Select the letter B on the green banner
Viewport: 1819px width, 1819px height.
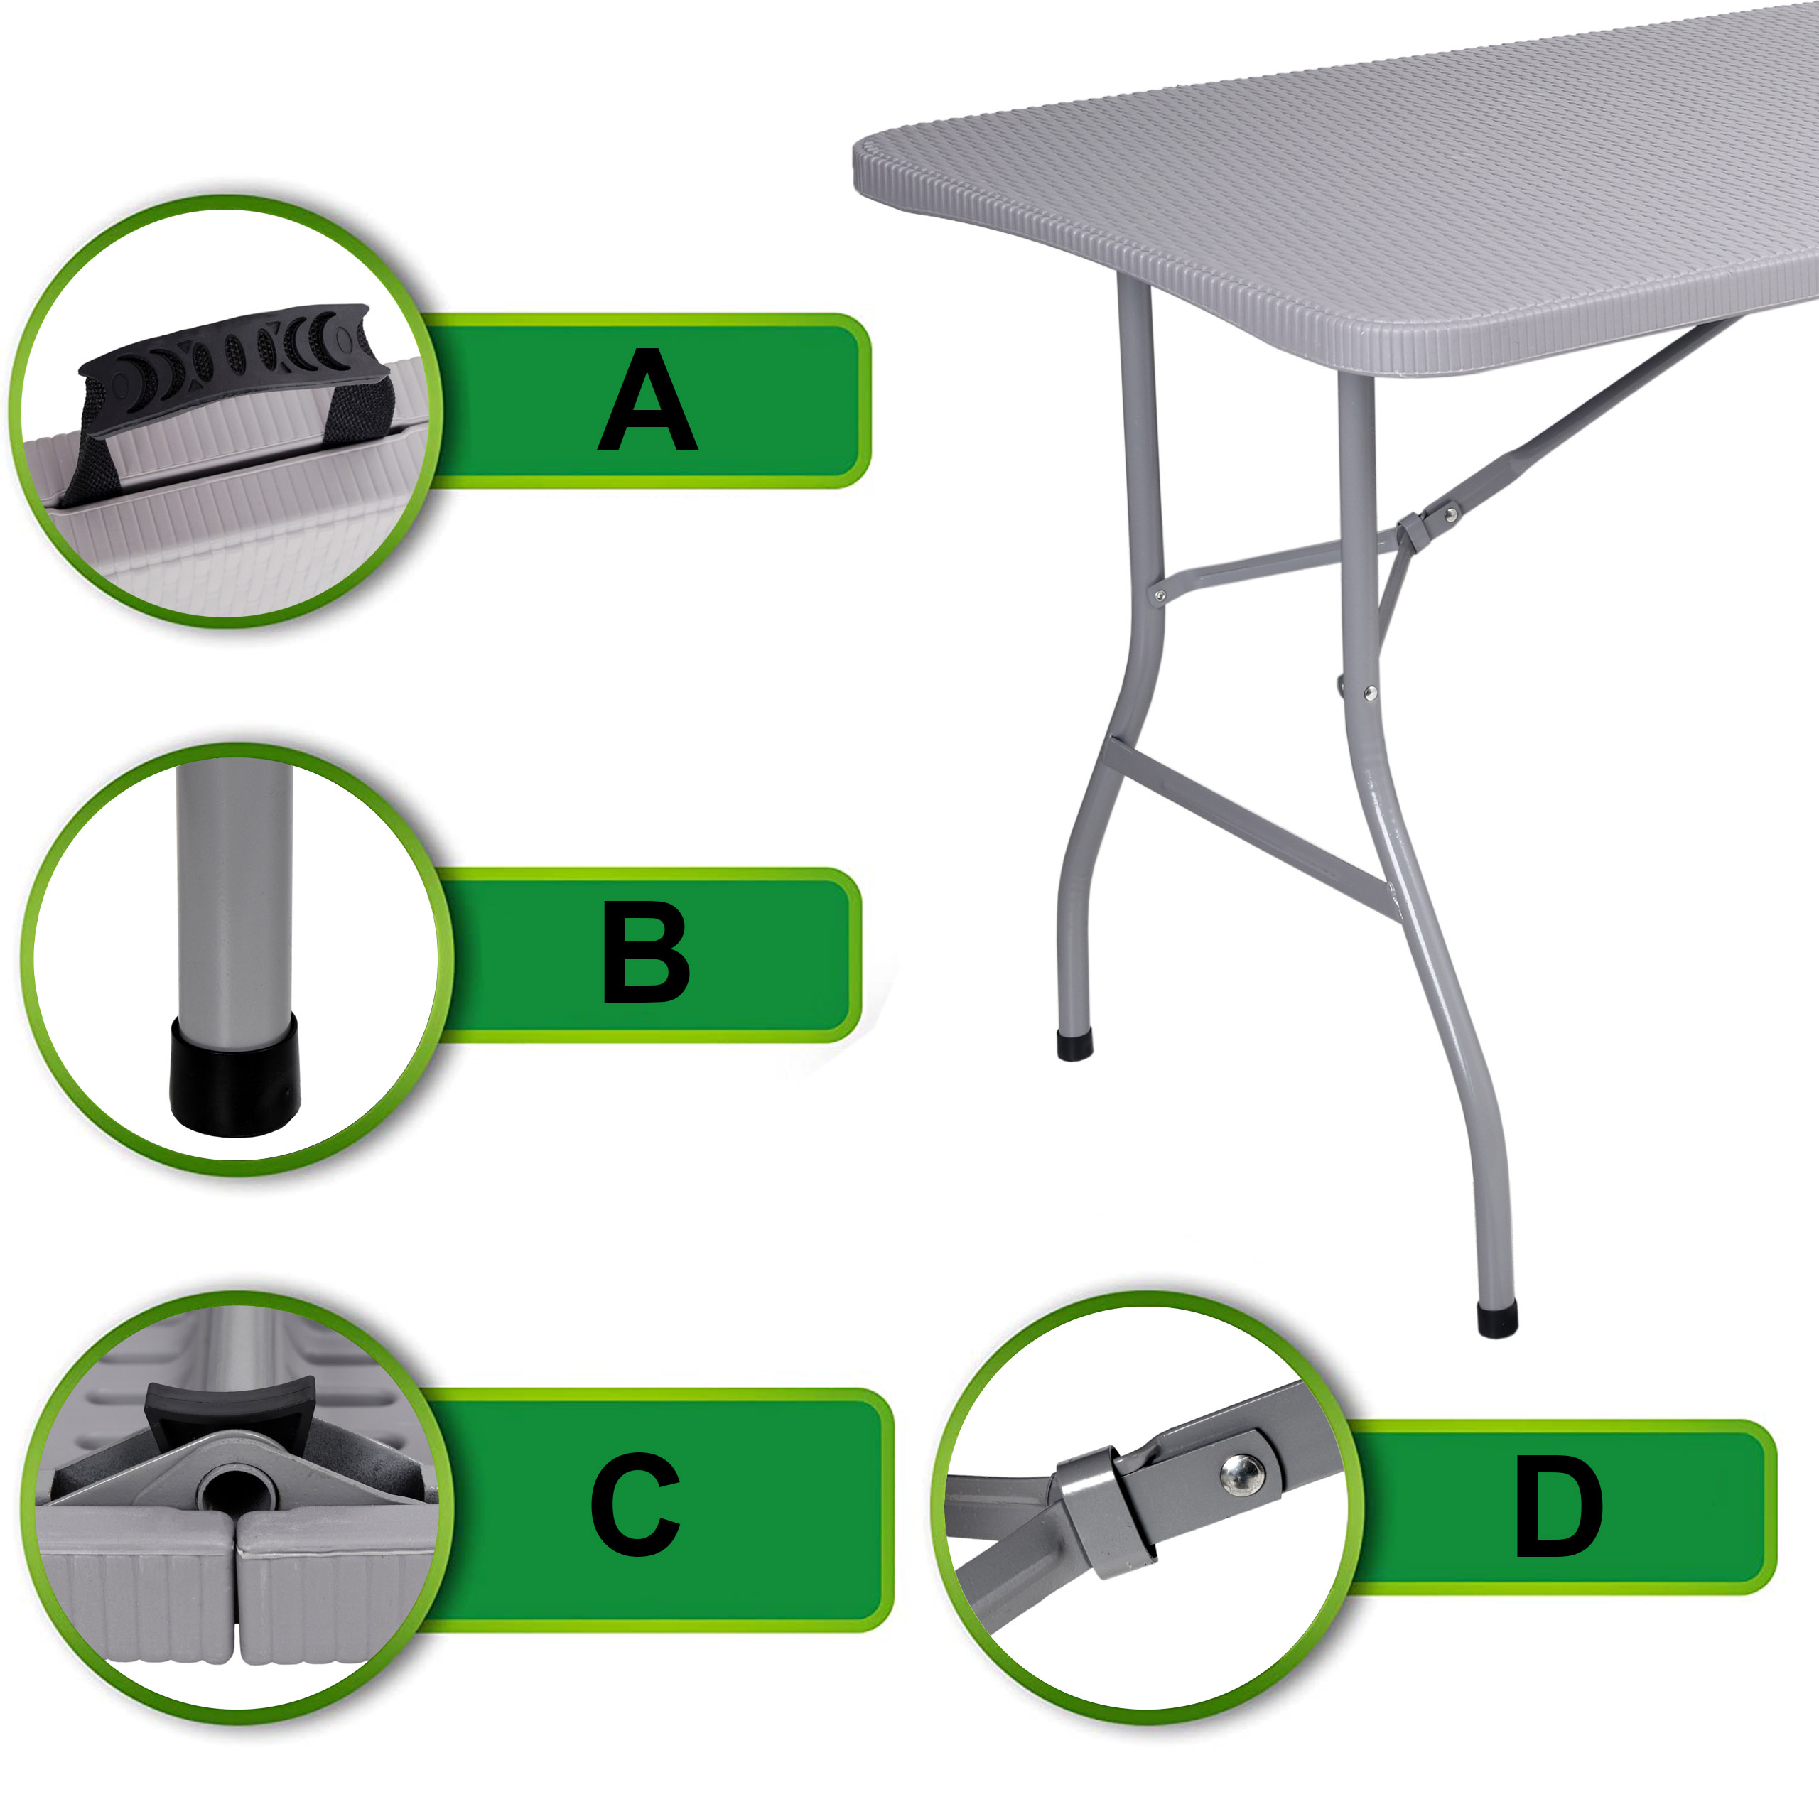pyautogui.click(x=646, y=953)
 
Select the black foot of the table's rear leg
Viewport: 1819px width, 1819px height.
pyautogui.click(x=1074, y=1046)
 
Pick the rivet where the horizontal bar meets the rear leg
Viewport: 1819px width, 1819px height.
pyautogui.click(x=1160, y=595)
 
